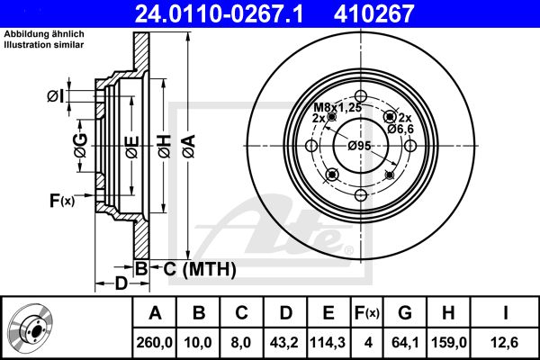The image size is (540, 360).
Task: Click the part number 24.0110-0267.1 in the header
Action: [219, 13]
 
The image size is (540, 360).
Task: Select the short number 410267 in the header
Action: [373, 13]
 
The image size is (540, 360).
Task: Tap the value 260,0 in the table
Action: [154, 342]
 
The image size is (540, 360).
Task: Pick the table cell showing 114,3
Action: [328, 342]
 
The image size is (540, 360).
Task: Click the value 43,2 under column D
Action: [284, 342]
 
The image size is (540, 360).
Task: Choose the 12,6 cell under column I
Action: [505, 342]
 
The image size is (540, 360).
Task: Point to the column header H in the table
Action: [448, 313]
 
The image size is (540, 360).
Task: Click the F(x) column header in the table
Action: [367, 313]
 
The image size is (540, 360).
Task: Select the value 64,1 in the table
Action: [405, 342]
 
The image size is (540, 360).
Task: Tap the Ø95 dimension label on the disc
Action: [359, 146]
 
